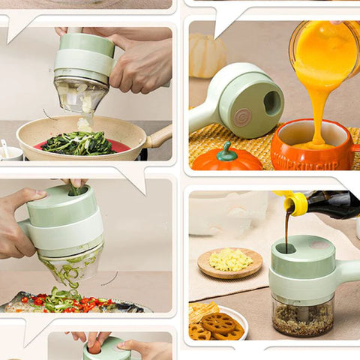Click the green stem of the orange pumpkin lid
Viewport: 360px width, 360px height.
click(x=225, y=152)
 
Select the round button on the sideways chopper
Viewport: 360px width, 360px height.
click(x=241, y=118)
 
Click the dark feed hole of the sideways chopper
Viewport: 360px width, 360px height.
click(x=271, y=103)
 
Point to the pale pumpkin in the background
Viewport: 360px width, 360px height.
click(x=205, y=56)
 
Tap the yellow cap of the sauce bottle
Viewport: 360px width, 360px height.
click(x=295, y=203)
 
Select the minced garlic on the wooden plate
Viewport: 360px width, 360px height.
click(x=230, y=260)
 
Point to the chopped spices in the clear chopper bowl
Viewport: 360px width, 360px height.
click(x=302, y=318)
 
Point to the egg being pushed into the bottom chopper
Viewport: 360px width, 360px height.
click(x=95, y=347)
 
